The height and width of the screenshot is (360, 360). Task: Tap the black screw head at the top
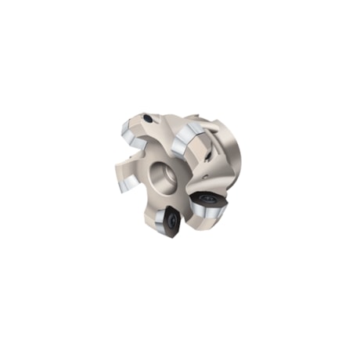[148, 119]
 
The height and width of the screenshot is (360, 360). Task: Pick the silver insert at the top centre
[187, 141]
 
